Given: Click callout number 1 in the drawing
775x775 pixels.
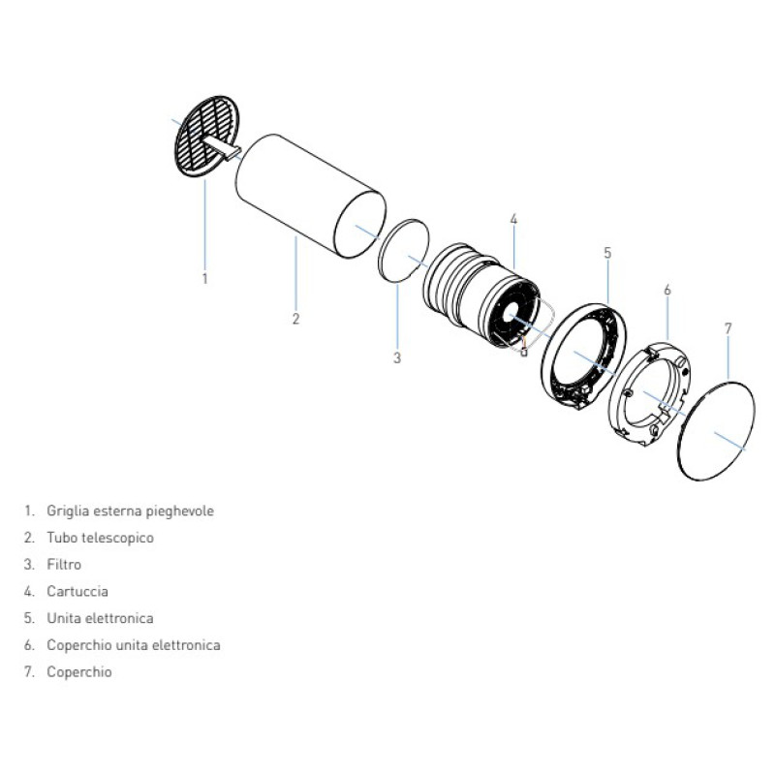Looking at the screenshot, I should [205, 279].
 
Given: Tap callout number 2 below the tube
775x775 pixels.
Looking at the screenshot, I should [296, 319].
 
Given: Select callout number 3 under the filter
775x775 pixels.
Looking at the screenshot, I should [397, 358].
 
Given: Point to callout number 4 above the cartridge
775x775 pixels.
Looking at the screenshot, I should [513, 220].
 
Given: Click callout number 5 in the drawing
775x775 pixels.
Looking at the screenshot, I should [607, 254].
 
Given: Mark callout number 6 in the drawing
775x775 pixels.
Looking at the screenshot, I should [667, 290].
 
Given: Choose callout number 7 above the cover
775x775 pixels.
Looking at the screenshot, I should [728, 328].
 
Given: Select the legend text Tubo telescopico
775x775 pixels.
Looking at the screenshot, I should [100, 537].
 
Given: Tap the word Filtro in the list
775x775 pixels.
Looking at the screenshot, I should [64, 564].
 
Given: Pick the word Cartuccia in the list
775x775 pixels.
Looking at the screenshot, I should [77, 591].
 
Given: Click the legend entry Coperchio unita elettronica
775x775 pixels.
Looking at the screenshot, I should [133, 644].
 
